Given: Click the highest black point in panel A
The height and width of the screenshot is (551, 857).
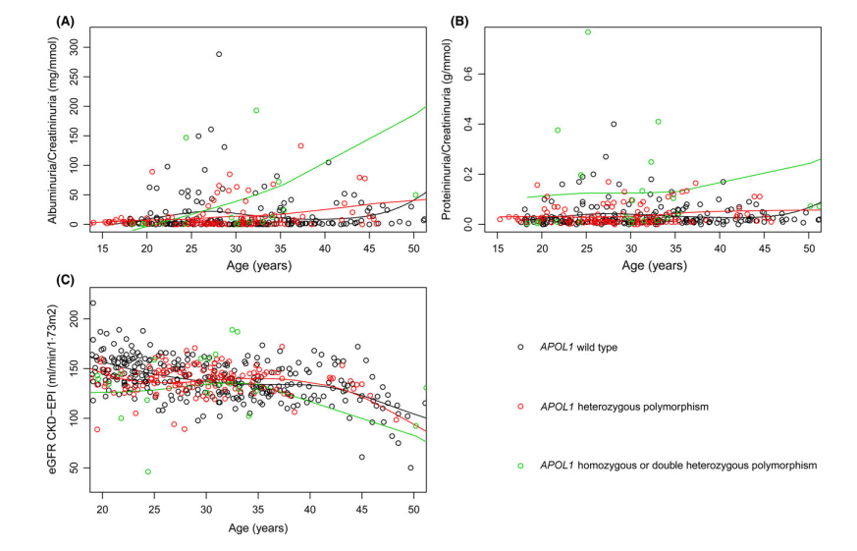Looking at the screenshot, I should coord(219,54).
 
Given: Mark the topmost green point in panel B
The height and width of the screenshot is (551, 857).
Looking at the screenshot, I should coord(587,32).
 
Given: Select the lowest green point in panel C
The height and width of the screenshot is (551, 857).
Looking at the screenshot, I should coord(148,471).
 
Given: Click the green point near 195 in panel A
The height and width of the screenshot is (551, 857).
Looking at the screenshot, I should coord(256,111).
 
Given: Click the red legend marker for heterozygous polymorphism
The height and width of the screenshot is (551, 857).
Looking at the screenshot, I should coord(519,405).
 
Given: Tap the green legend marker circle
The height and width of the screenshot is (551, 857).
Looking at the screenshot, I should coord(519,463).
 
